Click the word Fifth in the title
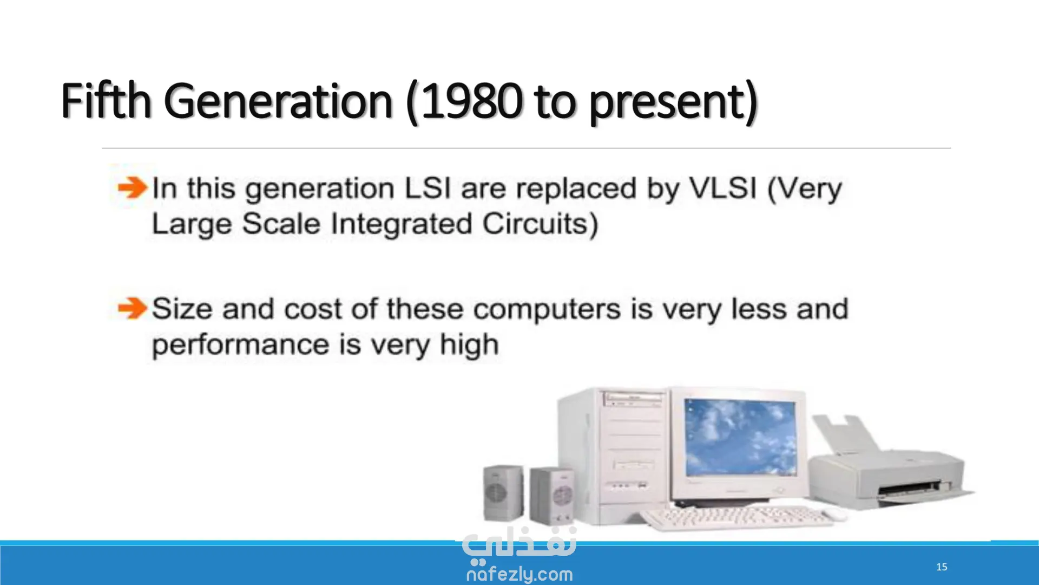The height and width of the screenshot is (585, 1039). point(106,101)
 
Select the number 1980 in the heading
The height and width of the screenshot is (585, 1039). point(471,101)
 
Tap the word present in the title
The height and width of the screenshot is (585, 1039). point(667,103)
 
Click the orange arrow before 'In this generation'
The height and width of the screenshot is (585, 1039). point(133,188)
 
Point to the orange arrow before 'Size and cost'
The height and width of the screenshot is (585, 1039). point(133,309)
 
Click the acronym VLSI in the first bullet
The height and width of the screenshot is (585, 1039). point(723,188)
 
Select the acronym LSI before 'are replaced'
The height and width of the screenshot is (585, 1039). point(428,188)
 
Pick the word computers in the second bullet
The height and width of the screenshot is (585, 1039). point(547,310)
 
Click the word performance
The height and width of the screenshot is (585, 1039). point(241,346)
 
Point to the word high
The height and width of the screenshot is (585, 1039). point(469,345)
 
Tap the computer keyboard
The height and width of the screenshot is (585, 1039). point(738,518)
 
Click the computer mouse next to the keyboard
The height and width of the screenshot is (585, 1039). point(835,515)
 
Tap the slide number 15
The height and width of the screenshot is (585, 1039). point(942,567)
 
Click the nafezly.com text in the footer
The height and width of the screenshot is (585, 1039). point(519,574)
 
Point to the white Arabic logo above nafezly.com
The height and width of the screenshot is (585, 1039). point(519,544)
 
